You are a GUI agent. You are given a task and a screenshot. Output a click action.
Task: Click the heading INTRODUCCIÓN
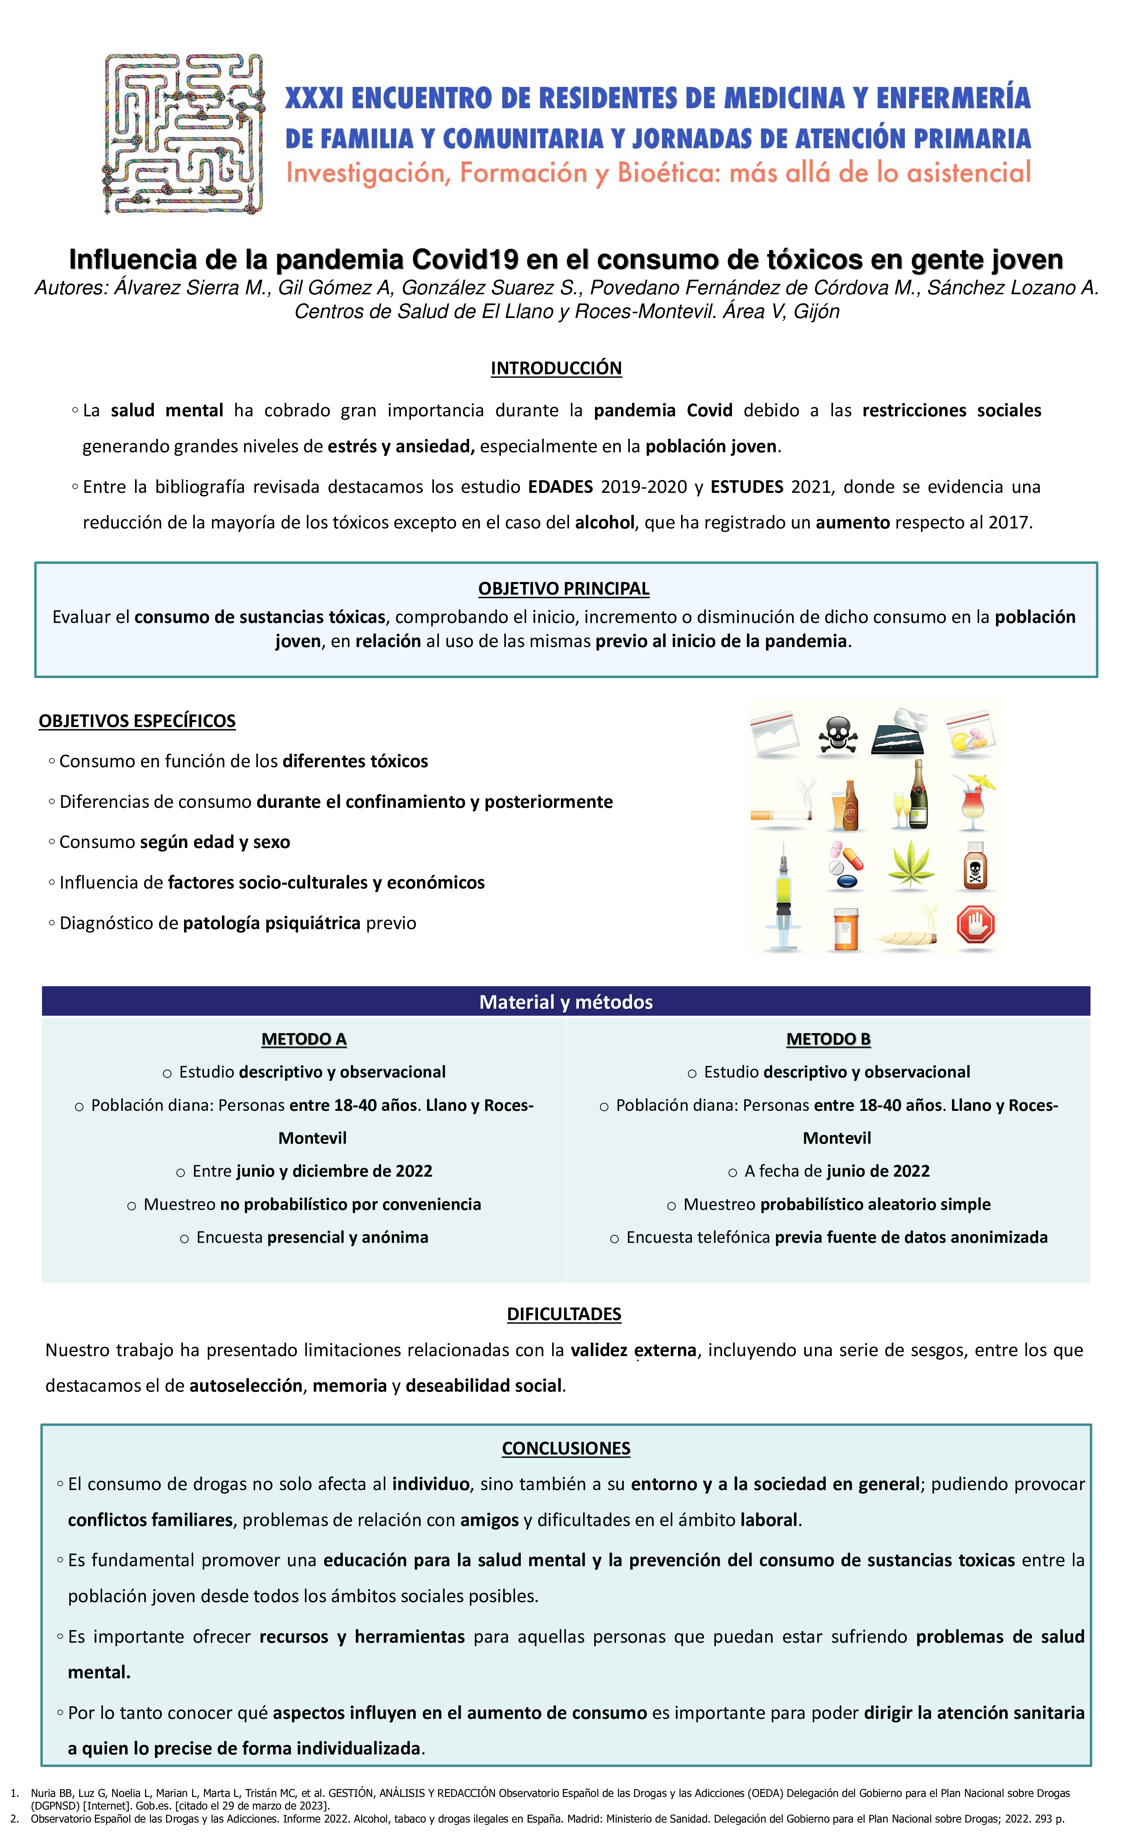point(556,368)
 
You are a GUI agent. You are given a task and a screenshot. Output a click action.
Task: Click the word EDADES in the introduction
point(561,487)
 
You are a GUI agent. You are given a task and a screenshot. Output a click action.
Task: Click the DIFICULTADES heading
point(564,1314)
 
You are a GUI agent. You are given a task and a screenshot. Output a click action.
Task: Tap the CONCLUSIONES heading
point(566,1448)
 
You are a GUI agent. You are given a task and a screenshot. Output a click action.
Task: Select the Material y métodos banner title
point(566,1002)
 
